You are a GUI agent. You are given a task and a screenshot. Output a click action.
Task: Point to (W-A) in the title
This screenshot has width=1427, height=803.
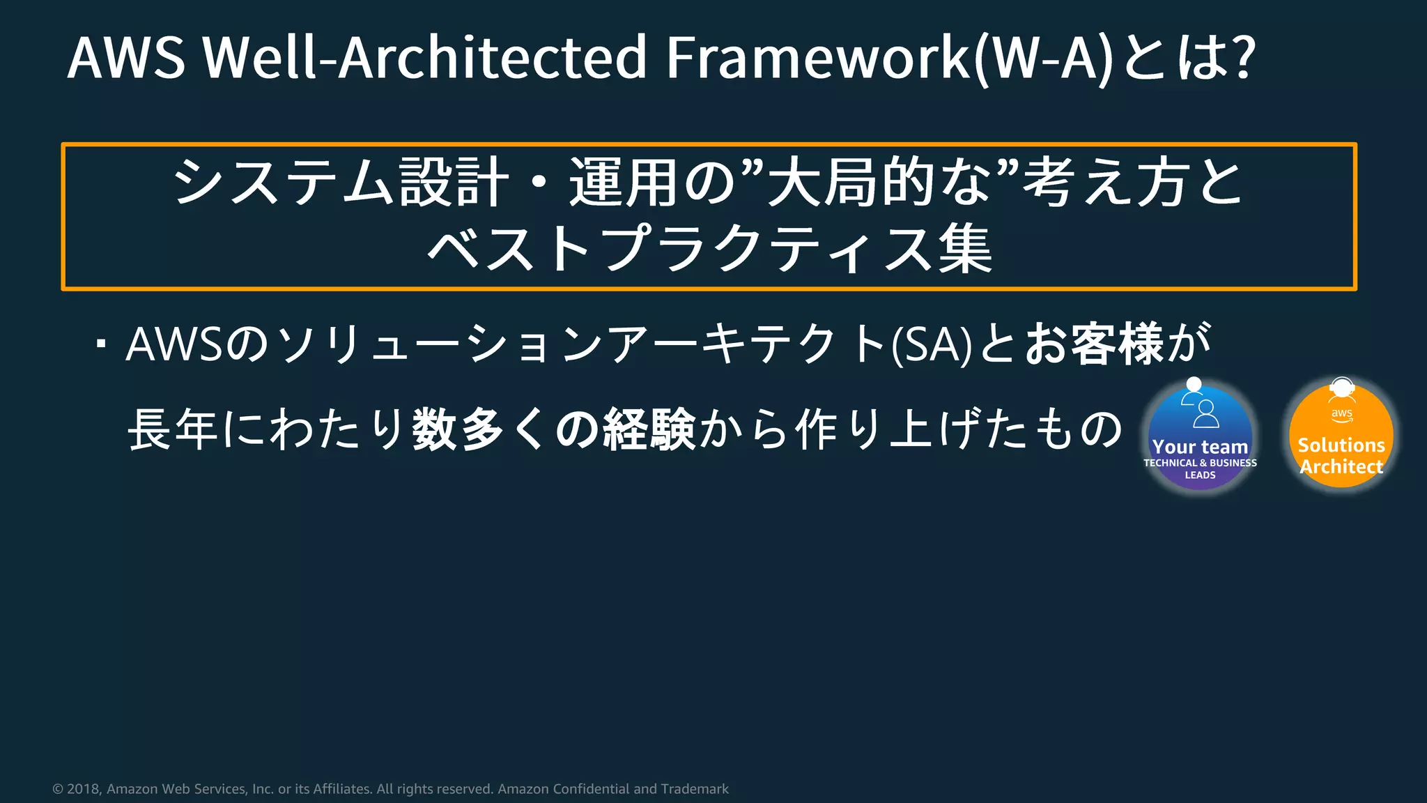[x=1045, y=59]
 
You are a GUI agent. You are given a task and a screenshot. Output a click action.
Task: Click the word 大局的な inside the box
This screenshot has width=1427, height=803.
[x=879, y=183]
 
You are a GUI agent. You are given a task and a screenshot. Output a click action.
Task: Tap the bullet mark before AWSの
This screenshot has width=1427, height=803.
[x=102, y=344]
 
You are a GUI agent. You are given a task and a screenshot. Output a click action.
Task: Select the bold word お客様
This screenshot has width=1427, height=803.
[x=1094, y=344]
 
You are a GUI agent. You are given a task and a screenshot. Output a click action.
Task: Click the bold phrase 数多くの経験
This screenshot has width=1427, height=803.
[x=554, y=429]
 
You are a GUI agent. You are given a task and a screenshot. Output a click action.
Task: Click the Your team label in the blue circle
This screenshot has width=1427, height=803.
[x=1200, y=447]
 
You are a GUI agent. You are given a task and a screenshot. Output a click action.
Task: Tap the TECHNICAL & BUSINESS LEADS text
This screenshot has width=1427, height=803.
[x=1200, y=468]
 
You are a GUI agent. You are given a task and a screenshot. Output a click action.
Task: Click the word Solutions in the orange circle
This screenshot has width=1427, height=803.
[x=1341, y=445]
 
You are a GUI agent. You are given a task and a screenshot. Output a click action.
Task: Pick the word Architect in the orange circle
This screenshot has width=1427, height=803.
[x=1341, y=466]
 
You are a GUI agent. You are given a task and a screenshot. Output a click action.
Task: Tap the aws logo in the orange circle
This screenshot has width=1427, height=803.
[x=1341, y=414]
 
